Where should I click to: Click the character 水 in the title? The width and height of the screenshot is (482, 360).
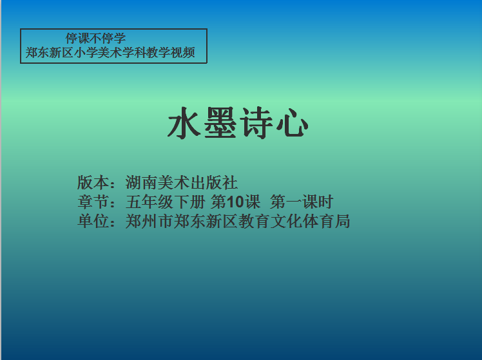click(x=184, y=123)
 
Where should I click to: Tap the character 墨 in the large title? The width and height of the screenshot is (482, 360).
click(x=220, y=123)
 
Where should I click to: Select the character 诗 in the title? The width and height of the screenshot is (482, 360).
click(x=256, y=123)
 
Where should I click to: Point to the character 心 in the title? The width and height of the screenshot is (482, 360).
click(x=292, y=123)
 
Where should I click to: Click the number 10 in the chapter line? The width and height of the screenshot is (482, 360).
click(x=235, y=202)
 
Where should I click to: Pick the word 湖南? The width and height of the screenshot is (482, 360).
click(x=141, y=182)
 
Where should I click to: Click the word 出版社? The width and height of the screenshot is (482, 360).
click(x=214, y=182)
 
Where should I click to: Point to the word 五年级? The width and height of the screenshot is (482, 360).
click(x=149, y=202)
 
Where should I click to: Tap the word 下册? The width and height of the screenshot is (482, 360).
click(x=189, y=202)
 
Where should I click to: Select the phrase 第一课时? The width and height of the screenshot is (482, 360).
click(x=302, y=202)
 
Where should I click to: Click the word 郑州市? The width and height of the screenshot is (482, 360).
click(x=149, y=221)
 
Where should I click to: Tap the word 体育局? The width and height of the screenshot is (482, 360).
click(x=327, y=221)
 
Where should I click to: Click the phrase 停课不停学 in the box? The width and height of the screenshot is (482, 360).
click(x=95, y=39)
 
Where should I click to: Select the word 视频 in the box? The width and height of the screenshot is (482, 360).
click(x=183, y=53)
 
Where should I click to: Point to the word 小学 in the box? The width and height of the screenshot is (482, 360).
click(x=86, y=53)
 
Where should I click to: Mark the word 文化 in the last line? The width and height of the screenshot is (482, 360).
click(x=286, y=221)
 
